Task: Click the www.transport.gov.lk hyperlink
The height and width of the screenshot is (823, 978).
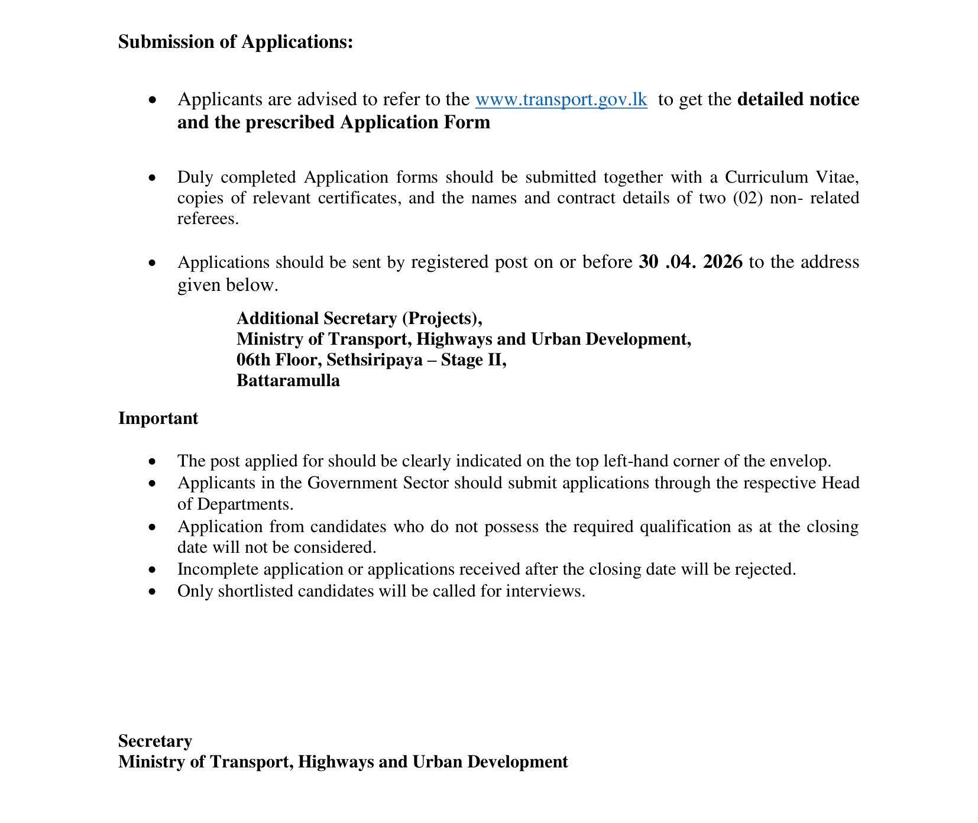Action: click(x=561, y=99)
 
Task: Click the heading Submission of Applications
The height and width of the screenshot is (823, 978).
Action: click(x=235, y=42)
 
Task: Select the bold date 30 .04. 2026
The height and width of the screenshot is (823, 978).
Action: click(x=690, y=262)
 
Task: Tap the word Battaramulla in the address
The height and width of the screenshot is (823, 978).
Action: click(x=288, y=380)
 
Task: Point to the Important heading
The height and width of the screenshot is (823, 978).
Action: click(x=158, y=419)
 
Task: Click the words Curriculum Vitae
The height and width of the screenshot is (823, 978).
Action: click(x=791, y=177)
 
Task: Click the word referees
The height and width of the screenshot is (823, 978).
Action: click(x=208, y=219)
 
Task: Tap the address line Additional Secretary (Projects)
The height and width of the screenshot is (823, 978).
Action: click(x=359, y=319)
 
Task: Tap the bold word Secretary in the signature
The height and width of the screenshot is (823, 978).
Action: click(x=155, y=741)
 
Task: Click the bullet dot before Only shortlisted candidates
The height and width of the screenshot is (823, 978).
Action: click(x=153, y=591)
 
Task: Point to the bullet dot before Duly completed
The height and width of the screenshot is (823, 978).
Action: click(x=153, y=177)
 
